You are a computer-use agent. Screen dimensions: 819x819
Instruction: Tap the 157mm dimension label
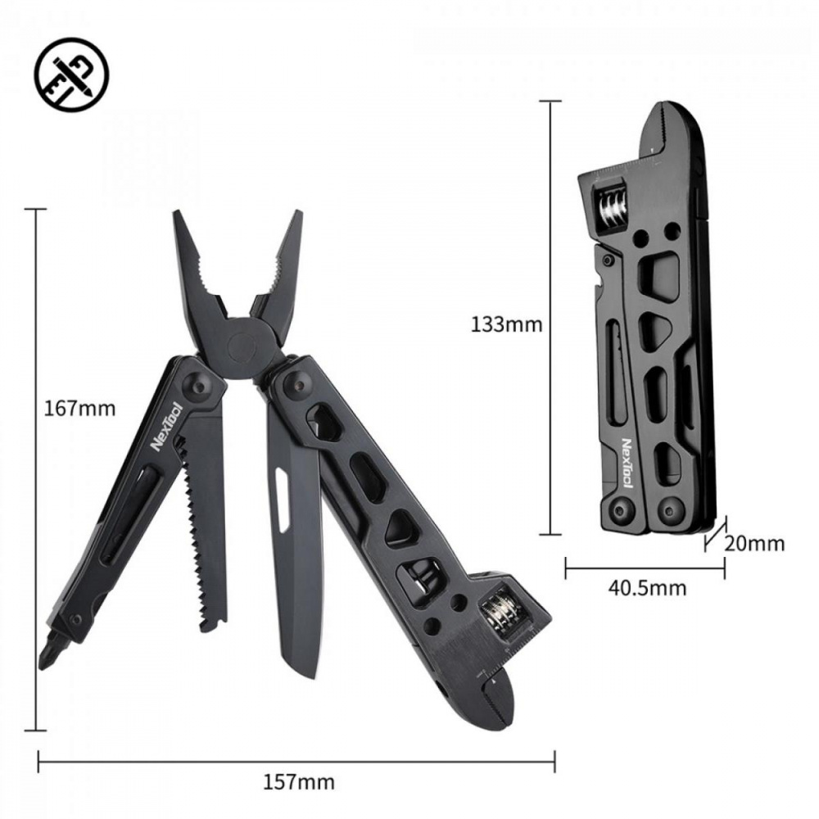point(299,782)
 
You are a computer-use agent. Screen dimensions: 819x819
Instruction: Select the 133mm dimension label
point(507,324)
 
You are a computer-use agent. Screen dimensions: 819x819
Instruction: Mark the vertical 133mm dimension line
point(550,319)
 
